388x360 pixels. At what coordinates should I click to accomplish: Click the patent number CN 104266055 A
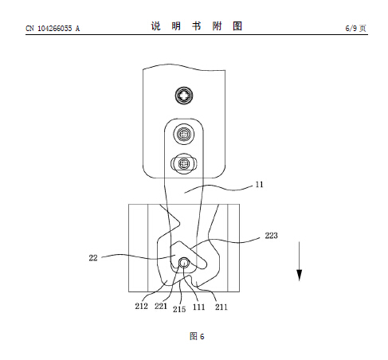pos(53,29)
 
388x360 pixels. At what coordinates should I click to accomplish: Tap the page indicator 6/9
pos(351,28)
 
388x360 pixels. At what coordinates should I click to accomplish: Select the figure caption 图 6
pos(197,336)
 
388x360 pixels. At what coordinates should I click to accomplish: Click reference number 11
pos(259,185)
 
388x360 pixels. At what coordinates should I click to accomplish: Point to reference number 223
pos(271,236)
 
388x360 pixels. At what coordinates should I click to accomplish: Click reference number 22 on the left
pos(93,258)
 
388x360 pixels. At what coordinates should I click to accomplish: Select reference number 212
pos(141,306)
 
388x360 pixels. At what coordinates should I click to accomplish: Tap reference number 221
pos(161,306)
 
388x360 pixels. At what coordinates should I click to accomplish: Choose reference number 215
pos(179,309)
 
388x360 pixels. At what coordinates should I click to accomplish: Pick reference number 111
pos(198,307)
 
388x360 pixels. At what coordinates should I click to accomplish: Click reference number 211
pos(221,307)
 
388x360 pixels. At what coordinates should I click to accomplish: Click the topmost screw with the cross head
pos(184,96)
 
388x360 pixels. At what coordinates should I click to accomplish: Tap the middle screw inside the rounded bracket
pos(183,134)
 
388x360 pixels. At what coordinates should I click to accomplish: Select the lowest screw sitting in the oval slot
pos(183,163)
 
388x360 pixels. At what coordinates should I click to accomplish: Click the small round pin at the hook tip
pos(183,264)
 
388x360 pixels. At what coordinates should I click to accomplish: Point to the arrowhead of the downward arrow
pos(300,276)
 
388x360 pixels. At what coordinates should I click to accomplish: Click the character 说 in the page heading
pos(156,26)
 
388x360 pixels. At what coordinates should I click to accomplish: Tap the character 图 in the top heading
pos(237,26)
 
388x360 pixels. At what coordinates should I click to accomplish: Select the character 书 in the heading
pos(197,26)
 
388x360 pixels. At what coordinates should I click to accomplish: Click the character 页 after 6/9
pos(363,28)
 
